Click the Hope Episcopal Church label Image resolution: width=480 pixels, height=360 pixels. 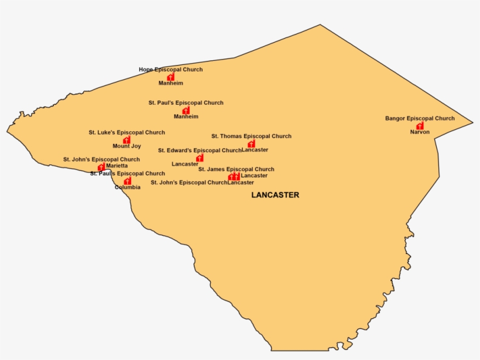point(170,70)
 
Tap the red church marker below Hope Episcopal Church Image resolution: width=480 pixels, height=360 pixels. point(170,77)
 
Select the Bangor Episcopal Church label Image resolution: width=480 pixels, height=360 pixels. point(420,118)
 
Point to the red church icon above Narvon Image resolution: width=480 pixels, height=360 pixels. point(420,126)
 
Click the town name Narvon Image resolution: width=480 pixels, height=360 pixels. point(420,132)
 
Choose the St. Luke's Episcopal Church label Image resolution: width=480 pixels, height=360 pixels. point(126,133)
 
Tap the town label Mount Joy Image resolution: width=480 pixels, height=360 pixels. point(126,146)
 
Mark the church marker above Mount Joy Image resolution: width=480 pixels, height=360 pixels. point(126,140)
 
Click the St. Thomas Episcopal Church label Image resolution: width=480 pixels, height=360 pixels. point(251,136)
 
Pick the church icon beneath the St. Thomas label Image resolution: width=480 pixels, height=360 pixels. point(251,144)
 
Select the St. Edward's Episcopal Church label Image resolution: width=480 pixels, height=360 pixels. point(200,150)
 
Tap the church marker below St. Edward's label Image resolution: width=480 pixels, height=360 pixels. point(200,158)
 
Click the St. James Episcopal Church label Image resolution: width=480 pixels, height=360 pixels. point(236,169)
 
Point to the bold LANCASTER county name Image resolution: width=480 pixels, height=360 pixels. point(275,195)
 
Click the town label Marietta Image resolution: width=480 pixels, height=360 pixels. point(117,166)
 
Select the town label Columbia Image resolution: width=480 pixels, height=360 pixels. point(128,187)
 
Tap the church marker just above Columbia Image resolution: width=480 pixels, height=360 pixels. point(128,181)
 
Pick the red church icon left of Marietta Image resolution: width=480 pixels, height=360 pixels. point(101,167)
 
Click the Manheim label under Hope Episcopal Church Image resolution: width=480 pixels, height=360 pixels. point(170,83)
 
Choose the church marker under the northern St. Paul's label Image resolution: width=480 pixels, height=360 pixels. point(186,110)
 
